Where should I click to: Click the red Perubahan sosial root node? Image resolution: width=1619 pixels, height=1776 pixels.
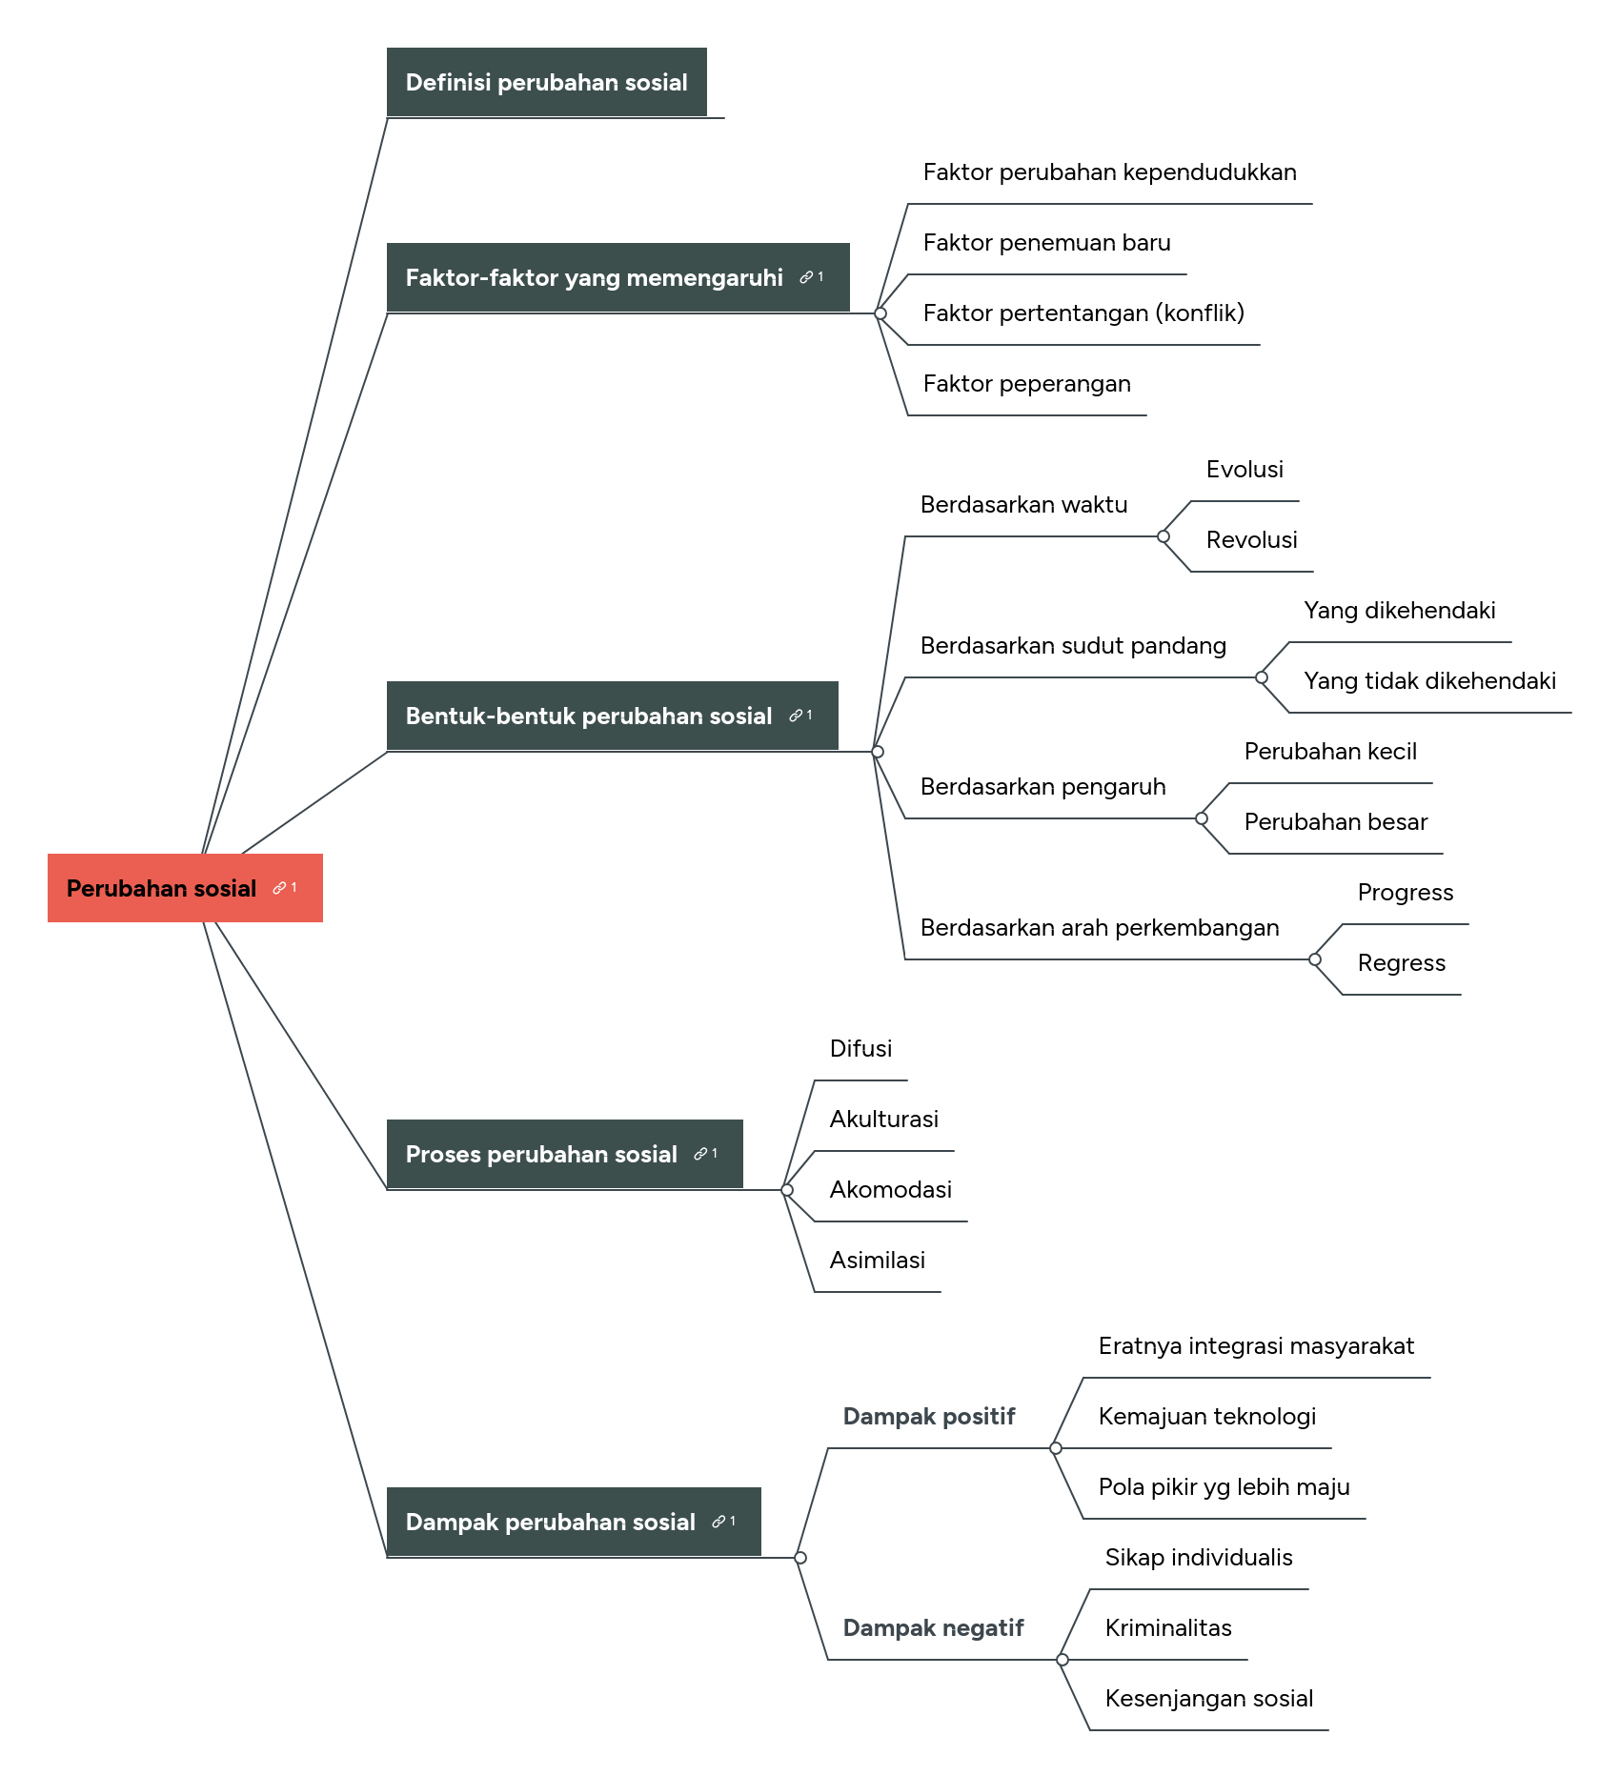click(162, 888)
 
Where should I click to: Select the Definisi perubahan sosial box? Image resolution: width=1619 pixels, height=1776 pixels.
click(546, 82)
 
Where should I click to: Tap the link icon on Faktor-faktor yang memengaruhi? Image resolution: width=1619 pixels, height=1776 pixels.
click(807, 277)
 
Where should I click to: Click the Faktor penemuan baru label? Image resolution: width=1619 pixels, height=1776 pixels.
click(1046, 243)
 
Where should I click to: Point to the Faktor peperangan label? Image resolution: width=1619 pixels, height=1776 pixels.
click(1026, 384)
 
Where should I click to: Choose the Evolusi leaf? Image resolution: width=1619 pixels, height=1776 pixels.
click(1244, 470)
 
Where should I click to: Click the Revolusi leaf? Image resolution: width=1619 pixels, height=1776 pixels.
click(1251, 540)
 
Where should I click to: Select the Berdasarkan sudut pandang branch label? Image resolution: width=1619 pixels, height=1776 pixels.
click(1073, 646)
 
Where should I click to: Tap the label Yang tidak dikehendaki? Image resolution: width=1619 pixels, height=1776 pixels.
click(1429, 681)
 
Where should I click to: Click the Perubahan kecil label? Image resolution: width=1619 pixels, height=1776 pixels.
click(1330, 752)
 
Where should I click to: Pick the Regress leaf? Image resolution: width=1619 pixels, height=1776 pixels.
click(1401, 963)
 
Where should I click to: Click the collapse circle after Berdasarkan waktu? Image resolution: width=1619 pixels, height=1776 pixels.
click(1164, 536)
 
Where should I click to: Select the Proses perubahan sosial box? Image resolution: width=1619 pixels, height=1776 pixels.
click(541, 1154)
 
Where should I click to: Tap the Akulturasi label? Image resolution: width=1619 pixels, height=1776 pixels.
click(883, 1120)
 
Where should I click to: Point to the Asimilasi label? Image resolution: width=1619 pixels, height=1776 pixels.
click(877, 1261)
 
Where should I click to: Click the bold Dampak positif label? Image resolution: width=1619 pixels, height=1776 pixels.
click(929, 1417)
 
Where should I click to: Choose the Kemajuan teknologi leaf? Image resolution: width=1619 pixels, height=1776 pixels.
click(1206, 1417)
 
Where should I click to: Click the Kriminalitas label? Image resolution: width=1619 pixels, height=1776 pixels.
click(1168, 1628)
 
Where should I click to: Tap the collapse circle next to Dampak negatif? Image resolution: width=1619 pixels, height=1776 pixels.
click(1062, 1660)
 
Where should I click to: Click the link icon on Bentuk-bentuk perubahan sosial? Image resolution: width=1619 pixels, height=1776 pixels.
click(797, 716)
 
